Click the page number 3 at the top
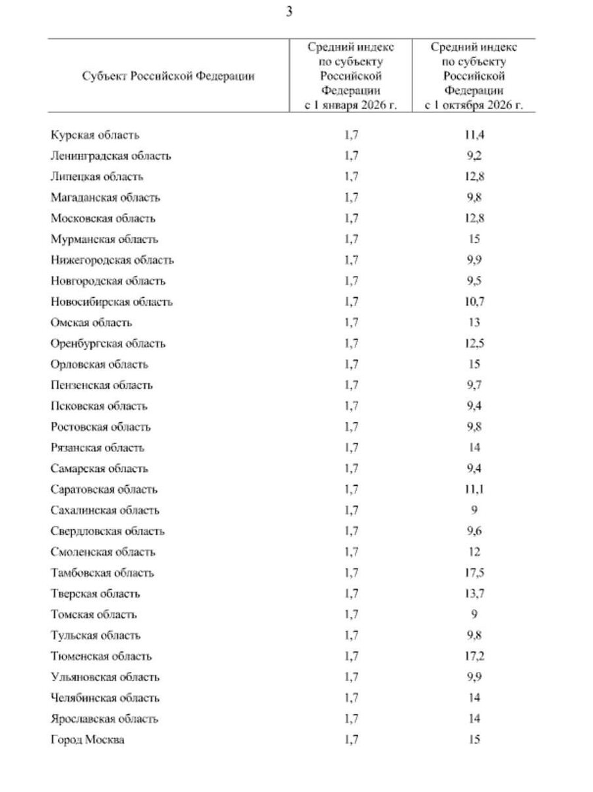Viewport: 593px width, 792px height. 290,11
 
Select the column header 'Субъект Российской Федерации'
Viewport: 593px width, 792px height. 169,76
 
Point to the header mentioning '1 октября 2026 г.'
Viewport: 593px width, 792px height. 474,76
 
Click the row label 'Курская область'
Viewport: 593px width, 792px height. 95,135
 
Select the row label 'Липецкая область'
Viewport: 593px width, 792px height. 96,177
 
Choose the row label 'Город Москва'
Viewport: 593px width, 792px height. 87,740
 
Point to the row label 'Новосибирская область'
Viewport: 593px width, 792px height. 111,302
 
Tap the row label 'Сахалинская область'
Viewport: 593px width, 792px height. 105,510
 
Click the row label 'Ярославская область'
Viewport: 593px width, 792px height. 104,719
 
